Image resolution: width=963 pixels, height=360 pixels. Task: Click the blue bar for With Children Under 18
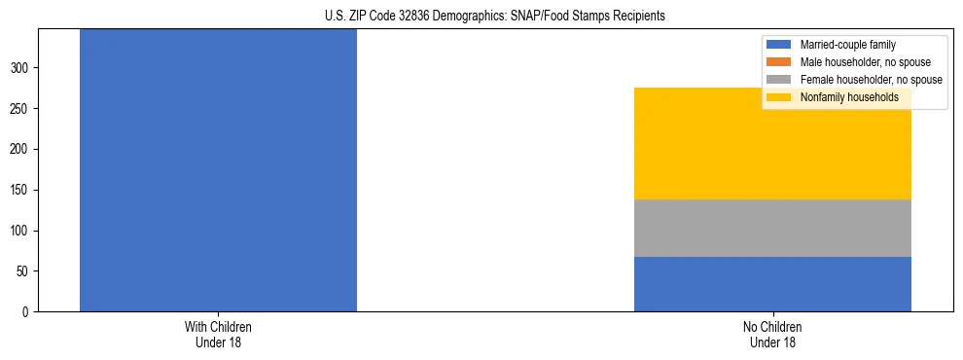click(218, 170)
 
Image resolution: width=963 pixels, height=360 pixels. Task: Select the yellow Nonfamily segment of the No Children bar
click(772, 144)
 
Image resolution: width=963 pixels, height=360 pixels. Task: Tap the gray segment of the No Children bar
click(772, 229)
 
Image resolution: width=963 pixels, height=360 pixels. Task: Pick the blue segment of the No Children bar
click(772, 284)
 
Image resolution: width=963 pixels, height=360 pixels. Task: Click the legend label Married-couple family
click(847, 45)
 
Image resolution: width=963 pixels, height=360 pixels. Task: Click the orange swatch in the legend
click(780, 62)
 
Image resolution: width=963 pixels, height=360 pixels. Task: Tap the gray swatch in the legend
click(780, 80)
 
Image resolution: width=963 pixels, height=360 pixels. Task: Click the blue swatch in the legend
click(780, 45)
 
